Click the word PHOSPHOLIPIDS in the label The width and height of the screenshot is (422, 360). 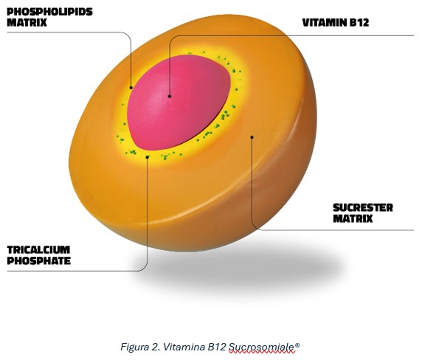pyautogui.click(x=49, y=12)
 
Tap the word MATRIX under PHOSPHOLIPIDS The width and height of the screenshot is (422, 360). pyautogui.click(x=27, y=22)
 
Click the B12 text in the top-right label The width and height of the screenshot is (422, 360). pyautogui.click(x=359, y=23)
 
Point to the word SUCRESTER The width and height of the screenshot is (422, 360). pyautogui.click(x=363, y=208)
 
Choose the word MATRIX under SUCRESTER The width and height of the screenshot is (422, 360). pyautogui.click(x=353, y=218)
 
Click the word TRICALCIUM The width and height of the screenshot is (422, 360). pyautogui.click(x=38, y=250)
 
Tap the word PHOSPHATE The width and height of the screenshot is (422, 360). pyautogui.click(x=39, y=260)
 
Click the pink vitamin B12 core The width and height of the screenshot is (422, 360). pyautogui.click(x=179, y=103)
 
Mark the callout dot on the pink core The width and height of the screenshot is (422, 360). pyautogui.click(x=170, y=96)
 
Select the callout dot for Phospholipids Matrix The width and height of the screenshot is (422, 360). pyautogui.click(x=131, y=88)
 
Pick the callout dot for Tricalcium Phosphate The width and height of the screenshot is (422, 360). pyautogui.click(x=148, y=157)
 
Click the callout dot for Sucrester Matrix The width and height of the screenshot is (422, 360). pyautogui.click(x=252, y=137)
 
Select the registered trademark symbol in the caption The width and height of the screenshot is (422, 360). pyautogui.click(x=297, y=345)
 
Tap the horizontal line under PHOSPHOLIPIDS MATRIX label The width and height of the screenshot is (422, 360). pyautogui.click(x=65, y=32)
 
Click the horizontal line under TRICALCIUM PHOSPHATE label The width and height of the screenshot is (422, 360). pyautogui.click(x=72, y=271)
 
